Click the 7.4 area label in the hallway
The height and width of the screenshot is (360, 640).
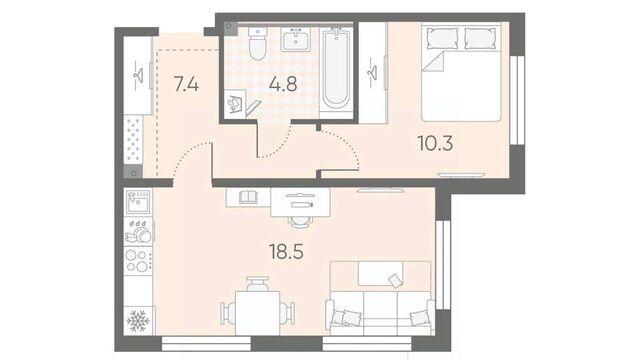pos(186,84)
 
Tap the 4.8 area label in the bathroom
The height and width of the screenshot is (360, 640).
pos(283,84)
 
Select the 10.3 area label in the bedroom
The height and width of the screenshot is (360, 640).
pos(436,143)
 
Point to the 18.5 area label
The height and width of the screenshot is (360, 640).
pos(286,251)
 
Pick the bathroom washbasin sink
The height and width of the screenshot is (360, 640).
pos(296,40)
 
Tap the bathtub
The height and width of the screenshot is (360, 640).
pos(336,68)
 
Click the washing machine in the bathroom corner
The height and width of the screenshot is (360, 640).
pos(236,104)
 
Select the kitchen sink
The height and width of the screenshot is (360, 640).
pos(138,202)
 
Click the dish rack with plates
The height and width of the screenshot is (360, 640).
pos(138,232)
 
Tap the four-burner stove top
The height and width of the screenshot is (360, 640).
pos(138,260)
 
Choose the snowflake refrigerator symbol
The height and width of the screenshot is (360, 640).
pos(138,321)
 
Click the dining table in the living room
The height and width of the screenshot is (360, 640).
pos(258,313)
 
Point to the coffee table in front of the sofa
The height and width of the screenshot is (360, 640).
pos(380,273)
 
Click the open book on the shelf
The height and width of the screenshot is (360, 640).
pos(248,198)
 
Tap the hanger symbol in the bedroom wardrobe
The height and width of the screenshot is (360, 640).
pos(372,73)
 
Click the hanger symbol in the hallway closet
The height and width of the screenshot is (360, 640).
pos(139,75)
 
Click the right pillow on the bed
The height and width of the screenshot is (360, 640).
pos(480,39)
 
